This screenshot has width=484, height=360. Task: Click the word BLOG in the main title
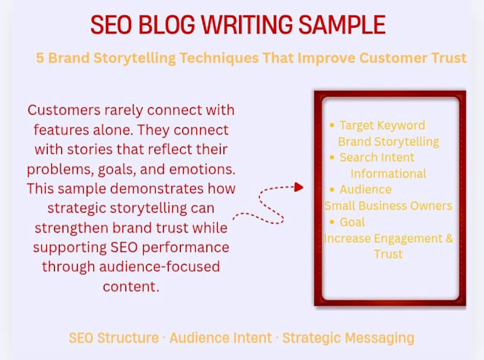tap(167, 24)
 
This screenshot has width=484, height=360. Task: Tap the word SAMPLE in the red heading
tap(342, 24)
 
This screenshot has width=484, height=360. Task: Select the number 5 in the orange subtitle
tap(40, 58)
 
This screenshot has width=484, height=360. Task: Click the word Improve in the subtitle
tap(326, 58)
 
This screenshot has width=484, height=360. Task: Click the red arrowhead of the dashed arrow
tap(299, 187)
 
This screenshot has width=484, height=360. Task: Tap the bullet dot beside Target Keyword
tap(332, 125)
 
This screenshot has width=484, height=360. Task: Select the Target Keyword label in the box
tap(382, 125)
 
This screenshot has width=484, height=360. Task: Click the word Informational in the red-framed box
tap(389, 174)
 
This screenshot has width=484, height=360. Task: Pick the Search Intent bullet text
tap(377, 158)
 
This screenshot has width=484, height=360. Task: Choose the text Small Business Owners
tap(389, 206)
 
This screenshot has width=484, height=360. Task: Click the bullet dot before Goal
tap(332, 222)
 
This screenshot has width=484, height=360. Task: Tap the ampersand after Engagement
tap(449, 238)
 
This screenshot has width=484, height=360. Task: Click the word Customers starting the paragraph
tap(64, 110)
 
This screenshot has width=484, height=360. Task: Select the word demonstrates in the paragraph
tap(157, 189)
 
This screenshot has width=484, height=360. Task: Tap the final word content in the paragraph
tap(131, 287)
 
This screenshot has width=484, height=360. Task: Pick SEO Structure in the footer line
tap(114, 338)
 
